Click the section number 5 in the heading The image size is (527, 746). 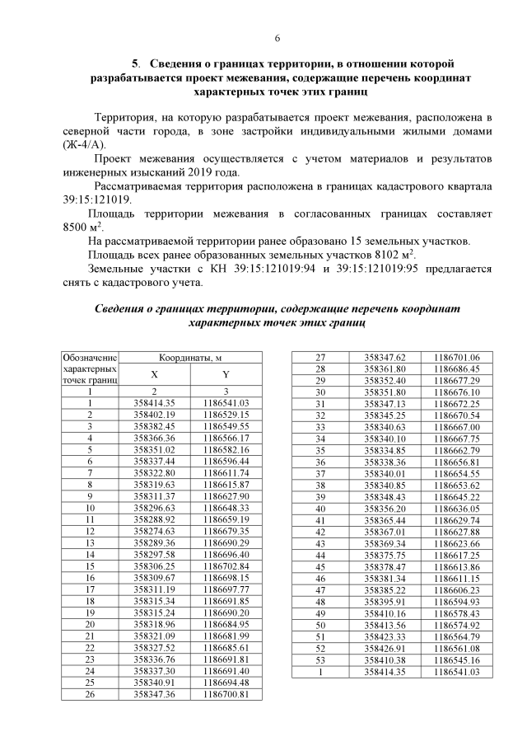(x=135, y=63)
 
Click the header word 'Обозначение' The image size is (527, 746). (x=91, y=358)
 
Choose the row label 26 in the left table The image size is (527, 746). (x=91, y=695)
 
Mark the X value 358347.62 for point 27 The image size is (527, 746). (x=385, y=358)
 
